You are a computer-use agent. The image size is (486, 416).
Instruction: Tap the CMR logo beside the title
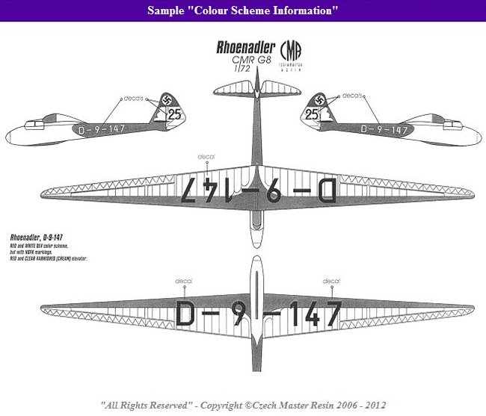[290, 55]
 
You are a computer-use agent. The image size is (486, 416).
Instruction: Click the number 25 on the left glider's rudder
[174, 114]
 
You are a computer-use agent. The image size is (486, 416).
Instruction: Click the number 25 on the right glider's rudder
[313, 114]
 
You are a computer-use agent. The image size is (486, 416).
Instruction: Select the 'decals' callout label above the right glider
[352, 96]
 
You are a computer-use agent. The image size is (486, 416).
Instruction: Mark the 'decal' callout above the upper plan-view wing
[206, 156]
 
